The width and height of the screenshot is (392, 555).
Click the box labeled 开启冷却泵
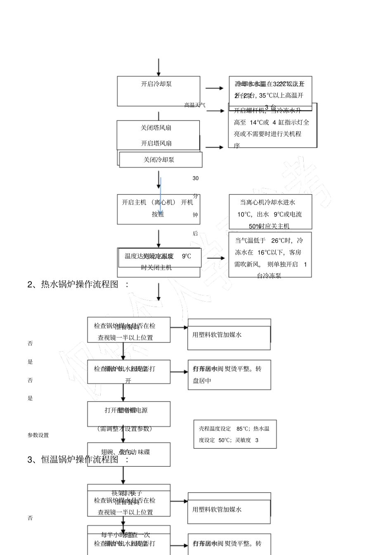coord(158,91)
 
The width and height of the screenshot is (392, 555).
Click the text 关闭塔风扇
coord(156,128)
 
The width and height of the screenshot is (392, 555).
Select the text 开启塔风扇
coord(156,143)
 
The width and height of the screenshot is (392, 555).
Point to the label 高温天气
coord(195,105)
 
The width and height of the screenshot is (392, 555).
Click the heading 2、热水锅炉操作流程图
coord(78,284)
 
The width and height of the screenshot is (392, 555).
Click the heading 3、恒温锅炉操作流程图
coord(78,459)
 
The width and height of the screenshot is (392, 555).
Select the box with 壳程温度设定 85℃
coord(235,434)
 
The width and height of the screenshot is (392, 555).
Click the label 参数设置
coord(38,435)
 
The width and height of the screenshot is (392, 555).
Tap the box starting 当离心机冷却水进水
coord(270,212)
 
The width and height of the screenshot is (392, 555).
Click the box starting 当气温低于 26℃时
coord(270,255)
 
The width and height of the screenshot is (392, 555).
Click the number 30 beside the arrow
coord(196,178)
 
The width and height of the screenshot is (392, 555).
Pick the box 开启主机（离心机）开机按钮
coord(158,209)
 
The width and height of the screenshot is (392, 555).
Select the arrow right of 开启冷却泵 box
coord(215,88)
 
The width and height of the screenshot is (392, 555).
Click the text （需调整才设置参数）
coord(125,429)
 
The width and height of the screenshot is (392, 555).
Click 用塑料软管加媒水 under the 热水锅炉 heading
coord(217,335)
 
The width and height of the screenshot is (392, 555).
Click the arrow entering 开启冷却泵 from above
coord(158,67)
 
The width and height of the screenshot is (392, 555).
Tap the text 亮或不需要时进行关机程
coord(267,134)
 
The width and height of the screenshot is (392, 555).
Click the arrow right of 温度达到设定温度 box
coord(217,258)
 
